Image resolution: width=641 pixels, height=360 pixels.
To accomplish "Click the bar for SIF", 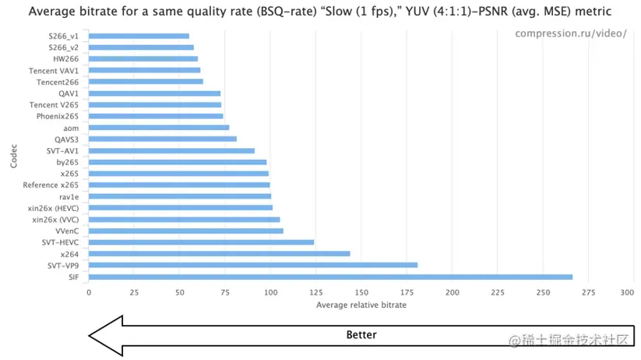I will pyautogui.click(x=330, y=277).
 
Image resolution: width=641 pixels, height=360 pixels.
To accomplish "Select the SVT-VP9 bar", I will pyautogui.click(x=253, y=265).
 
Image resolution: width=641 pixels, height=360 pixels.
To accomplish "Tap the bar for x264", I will pyautogui.click(x=219, y=254).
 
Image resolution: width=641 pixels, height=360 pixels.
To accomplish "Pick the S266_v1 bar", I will pyautogui.click(x=139, y=36).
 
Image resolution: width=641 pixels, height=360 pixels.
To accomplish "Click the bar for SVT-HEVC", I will pyautogui.click(x=201, y=242).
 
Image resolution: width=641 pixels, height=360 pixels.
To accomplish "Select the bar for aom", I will pyautogui.click(x=159, y=127).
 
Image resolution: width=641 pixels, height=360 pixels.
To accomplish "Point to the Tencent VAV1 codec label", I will pyautogui.click(x=54, y=70).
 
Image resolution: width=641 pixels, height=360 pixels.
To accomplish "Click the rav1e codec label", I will pyautogui.click(x=68, y=196).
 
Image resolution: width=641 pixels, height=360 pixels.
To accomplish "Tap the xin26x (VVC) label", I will pyautogui.click(x=55, y=220).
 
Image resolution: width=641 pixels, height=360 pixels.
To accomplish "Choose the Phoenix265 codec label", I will pyautogui.click(x=57, y=116).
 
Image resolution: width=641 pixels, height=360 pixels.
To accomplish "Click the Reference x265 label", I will pyautogui.click(x=51, y=185).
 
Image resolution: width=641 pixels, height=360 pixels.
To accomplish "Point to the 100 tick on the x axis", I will pyautogui.click(x=270, y=292).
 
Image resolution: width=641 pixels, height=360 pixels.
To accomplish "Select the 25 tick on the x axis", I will pyautogui.click(x=134, y=292).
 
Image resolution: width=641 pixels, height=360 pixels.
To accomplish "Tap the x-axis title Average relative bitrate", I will pyautogui.click(x=361, y=305).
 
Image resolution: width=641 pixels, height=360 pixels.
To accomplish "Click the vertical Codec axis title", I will pyautogui.click(x=14, y=157).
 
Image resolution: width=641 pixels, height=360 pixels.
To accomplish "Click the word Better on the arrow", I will pyautogui.click(x=361, y=335).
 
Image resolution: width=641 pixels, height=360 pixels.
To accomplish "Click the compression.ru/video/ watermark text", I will pyautogui.click(x=571, y=34).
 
